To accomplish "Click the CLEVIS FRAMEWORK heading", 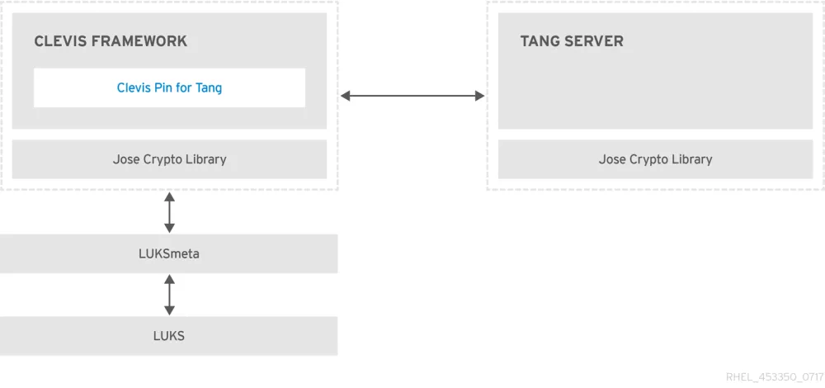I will tap(111, 41).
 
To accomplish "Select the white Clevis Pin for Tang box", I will tap(169, 88).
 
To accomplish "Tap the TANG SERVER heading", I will tap(572, 41).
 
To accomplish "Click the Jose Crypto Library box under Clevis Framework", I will tap(169, 159).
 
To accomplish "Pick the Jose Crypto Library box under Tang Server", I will tap(655, 159).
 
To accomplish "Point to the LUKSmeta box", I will tap(169, 253).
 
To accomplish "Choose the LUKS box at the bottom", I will tap(169, 336).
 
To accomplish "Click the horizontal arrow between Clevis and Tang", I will tap(412, 97).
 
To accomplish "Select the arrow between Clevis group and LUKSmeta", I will tap(169, 212).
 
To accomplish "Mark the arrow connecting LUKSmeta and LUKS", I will tap(169, 295).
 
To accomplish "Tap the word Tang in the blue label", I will tap(209, 88).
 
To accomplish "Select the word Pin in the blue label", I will tap(163, 88).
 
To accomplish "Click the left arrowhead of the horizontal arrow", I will tap(346, 97).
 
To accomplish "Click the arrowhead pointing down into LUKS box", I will tap(169, 310).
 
